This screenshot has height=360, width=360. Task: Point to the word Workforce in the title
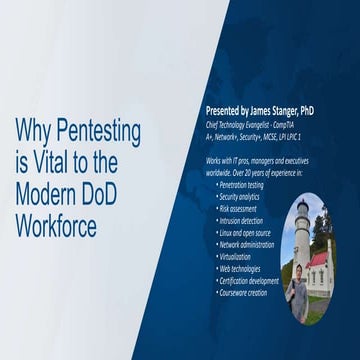click(x=56, y=224)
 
